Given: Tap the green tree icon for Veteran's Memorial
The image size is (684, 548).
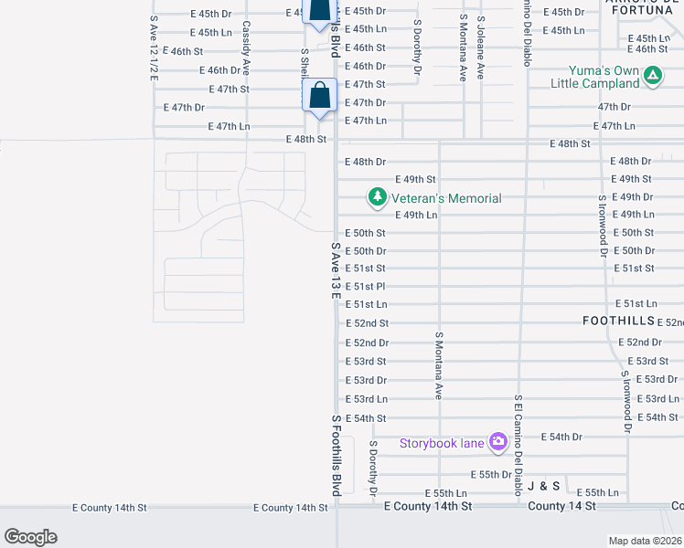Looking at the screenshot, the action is coord(376,196).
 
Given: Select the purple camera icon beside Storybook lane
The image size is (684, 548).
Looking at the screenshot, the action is coord(498,443).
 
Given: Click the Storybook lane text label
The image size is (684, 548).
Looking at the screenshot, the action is coord(441,444).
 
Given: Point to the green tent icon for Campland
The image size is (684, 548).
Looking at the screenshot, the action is coord(653,76).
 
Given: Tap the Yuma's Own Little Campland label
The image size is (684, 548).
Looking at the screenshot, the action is coord(594,76).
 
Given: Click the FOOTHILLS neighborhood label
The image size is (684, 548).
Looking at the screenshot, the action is coord(619,321).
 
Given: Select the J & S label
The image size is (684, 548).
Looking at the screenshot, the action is coord(542,486).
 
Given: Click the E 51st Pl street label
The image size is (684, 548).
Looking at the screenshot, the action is coord(366,287).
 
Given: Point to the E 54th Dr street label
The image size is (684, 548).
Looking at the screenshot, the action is coord(561,437).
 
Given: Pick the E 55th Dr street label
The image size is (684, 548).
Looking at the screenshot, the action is coord(491,475).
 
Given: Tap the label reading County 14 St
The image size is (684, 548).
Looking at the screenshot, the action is coord(561,505).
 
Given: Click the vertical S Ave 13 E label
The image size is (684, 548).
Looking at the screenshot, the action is coord(336,271).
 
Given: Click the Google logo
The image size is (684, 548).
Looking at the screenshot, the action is coord(30,537).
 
